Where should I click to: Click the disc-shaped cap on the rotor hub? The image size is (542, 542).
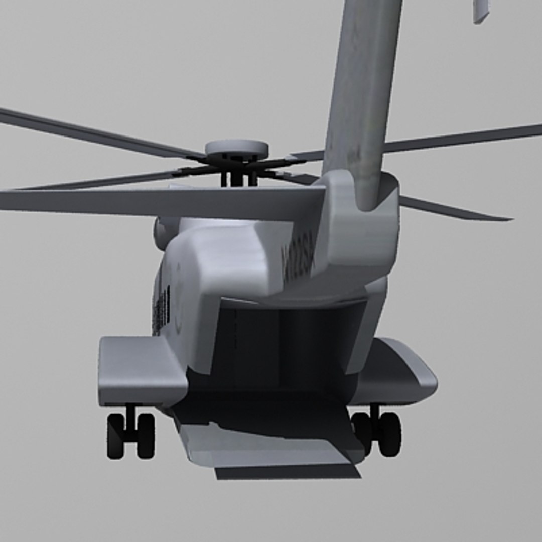(236, 148)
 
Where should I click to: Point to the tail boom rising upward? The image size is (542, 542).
(363, 90)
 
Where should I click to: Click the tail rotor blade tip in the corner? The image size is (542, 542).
(480, 11)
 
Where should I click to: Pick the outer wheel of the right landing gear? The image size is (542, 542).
(390, 434)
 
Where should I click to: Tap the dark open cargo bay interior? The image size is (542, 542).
(286, 346)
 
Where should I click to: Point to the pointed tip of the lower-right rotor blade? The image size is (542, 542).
(507, 218)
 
